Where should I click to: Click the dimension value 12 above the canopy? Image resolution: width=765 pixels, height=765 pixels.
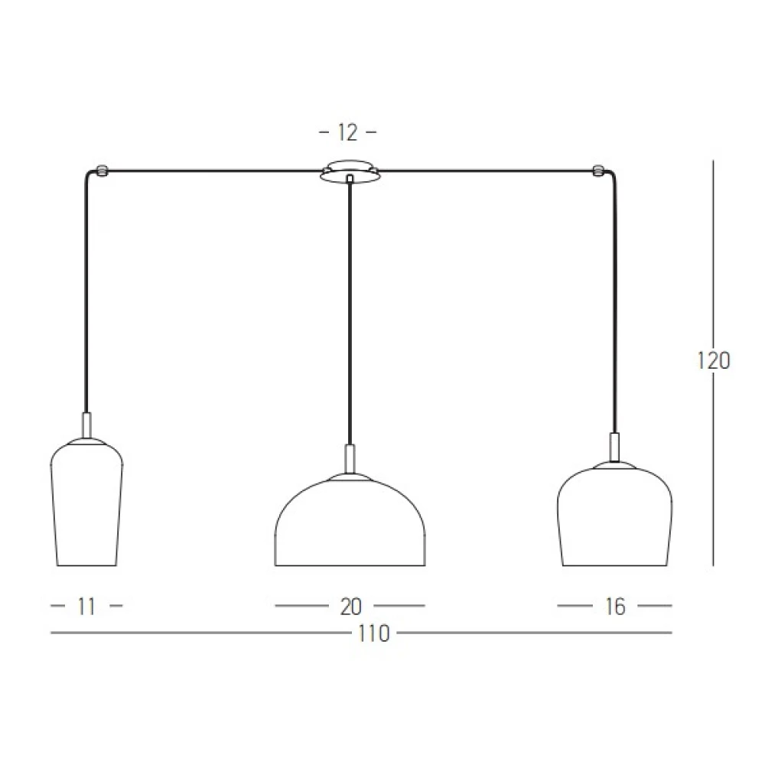[348, 132]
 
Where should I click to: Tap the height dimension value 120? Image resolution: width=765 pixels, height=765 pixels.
[713, 361]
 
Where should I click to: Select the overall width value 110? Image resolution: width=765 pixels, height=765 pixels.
[374, 633]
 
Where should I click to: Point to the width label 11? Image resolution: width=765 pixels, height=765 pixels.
[86, 607]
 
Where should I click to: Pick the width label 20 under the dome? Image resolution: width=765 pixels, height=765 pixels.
[350, 607]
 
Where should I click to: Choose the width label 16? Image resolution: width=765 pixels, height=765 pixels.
[615, 607]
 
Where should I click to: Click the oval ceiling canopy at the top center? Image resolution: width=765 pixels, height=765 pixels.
[350, 171]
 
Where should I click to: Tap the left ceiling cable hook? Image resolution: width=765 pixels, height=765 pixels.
[102, 171]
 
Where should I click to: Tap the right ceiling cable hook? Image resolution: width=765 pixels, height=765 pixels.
[597, 171]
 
